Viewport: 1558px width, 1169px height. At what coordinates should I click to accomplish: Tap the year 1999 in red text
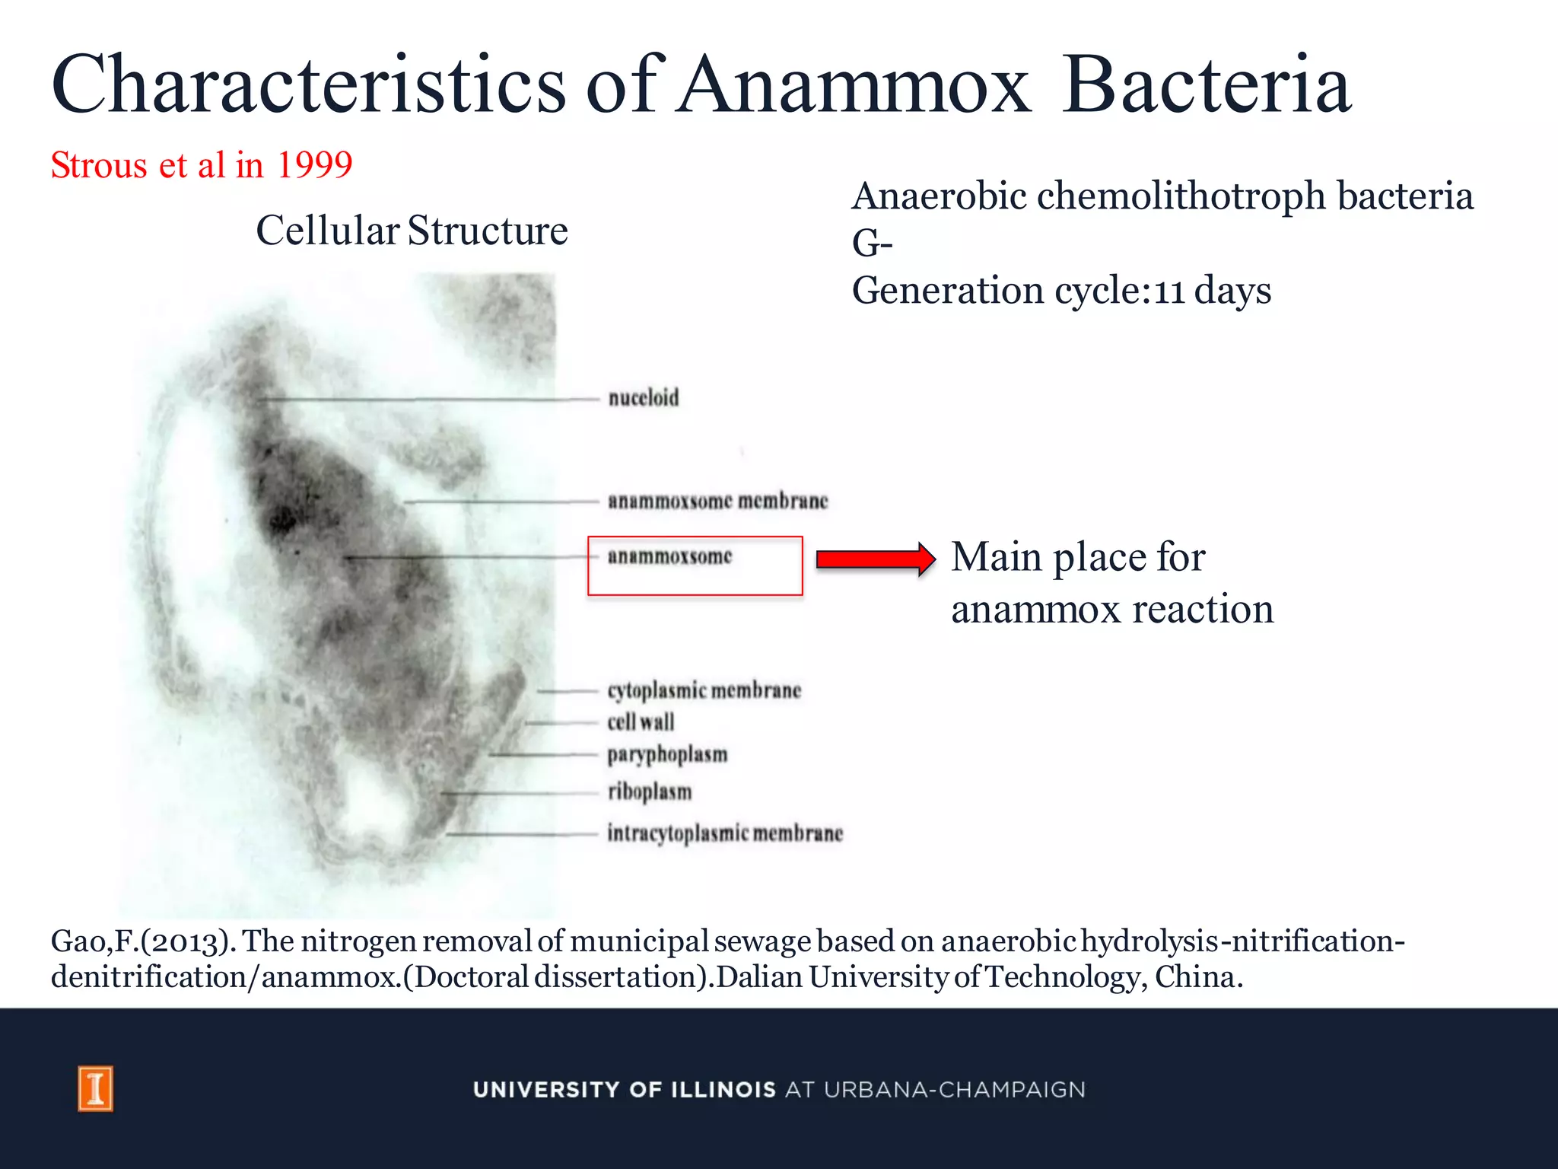[x=314, y=165]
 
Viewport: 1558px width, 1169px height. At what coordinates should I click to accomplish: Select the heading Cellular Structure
[x=412, y=231]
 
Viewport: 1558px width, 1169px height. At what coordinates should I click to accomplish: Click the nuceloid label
[x=643, y=397]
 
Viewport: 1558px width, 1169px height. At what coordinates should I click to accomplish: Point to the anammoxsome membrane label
[x=717, y=501]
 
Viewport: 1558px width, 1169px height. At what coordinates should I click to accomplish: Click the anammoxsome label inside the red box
[x=669, y=556]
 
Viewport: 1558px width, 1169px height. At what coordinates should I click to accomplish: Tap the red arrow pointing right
[x=875, y=559]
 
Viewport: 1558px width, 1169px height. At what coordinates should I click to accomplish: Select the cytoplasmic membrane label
[x=704, y=690]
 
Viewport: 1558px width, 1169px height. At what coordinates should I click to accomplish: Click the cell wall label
[x=641, y=721]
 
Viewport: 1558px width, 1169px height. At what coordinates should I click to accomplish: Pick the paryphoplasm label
[x=667, y=754]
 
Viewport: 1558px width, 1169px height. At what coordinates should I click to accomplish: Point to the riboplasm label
[x=650, y=792]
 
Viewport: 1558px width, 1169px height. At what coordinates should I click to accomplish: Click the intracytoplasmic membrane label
[x=725, y=833]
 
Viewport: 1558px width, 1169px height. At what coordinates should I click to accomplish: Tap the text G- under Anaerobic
[x=872, y=244]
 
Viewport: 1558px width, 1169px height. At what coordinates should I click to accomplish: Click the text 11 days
[x=1212, y=291]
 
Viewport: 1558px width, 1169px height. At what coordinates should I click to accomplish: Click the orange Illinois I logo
[x=96, y=1088]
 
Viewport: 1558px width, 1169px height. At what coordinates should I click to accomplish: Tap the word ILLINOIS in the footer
[x=723, y=1090]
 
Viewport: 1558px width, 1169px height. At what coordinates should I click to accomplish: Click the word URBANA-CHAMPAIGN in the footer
[x=954, y=1090]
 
